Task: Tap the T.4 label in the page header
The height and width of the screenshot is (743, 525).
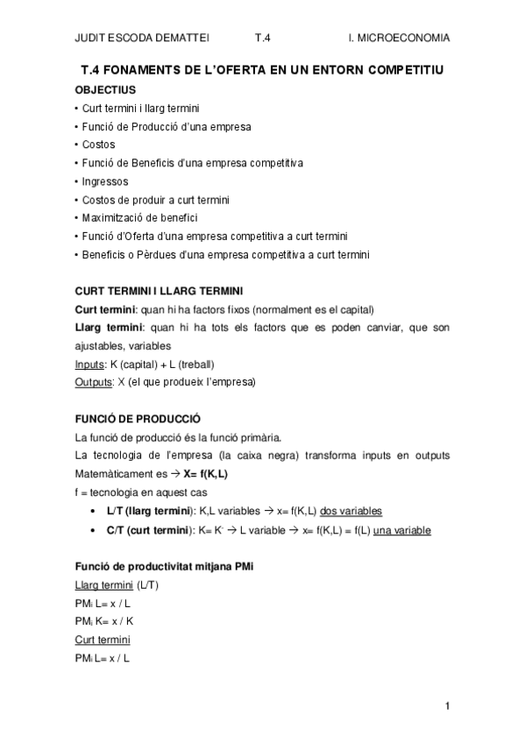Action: [263, 38]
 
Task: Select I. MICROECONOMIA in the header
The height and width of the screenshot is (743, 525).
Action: [399, 38]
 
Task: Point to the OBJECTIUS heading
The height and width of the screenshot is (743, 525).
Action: [105, 89]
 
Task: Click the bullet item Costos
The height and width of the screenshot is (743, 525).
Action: [98, 145]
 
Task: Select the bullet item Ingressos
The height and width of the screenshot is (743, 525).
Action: [104, 181]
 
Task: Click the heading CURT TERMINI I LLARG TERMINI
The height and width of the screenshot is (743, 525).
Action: [160, 291]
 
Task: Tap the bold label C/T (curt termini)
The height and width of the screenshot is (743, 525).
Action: [149, 531]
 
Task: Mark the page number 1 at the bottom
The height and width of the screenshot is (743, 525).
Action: [447, 705]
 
